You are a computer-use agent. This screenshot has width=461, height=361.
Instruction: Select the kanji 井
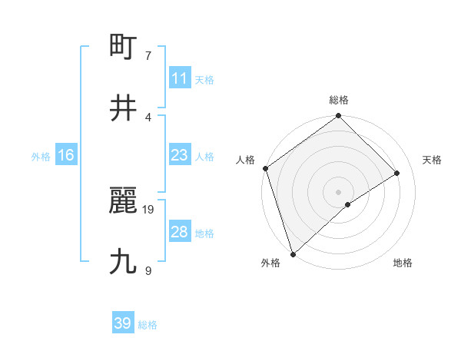click(124, 108)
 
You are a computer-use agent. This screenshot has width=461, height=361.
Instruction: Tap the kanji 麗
click(124, 201)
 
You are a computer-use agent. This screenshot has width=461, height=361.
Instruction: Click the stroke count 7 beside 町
click(148, 55)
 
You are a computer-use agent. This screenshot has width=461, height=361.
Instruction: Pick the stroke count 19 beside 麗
click(148, 209)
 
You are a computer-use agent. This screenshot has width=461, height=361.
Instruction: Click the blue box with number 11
click(179, 78)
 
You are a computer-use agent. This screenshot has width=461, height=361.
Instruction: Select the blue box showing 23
click(179, 155)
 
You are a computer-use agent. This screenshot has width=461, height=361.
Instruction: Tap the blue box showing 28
click(179, 232)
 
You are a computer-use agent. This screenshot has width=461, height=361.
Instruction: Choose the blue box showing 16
click(66, 155)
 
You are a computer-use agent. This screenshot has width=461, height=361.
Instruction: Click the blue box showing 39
click(123, 323)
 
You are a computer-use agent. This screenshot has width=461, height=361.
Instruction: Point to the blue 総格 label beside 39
click(148, 325)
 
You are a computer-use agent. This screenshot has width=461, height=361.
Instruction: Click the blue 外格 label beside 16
click(41, 157)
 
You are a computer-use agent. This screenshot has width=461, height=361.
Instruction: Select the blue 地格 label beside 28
click(204, 233)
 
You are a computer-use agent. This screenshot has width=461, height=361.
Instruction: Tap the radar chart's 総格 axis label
click(339, 100)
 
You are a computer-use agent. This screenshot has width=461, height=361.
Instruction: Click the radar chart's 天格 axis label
click(433, 160)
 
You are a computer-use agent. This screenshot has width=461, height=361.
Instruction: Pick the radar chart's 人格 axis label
click(246, 160)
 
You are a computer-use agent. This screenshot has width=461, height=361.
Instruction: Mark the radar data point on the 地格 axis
click(348, 204)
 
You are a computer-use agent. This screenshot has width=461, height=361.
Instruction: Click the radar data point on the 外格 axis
click(293, 253)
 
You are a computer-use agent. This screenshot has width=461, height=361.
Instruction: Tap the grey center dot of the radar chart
click(339, 191)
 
